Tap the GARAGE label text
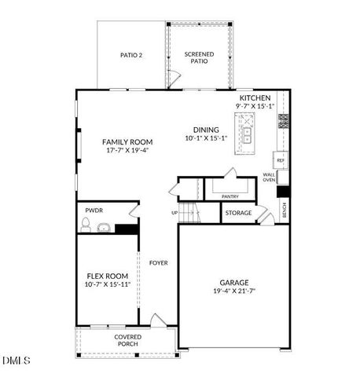pyautogui.click(x=234, y=282)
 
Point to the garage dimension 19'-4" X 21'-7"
pyautogui.click(x=234, y=291)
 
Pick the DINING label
pyautogui.click(x=206, y=130)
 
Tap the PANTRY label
pyautogui.click(x=230, y=197)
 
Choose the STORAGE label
pyautogui.click(x=238, y=213)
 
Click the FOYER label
pyautogui.click(x=158, y=262)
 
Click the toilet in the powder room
pyautogui.click(x=86, y=226)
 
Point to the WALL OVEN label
pyautogui.click(x=269, y=178)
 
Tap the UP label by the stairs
pyautogui.click(x=174, y=212)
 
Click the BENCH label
pyautogui.click(x=285, y=210)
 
